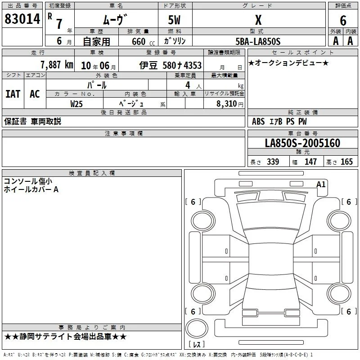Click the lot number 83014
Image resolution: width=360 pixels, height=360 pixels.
pyautogui.click(x=22, y=19)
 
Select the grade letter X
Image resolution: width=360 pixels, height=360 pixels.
pyautogui.click(x=258, y=20)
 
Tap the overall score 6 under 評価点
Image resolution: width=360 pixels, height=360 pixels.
pyautogui.click(x=343, y=20)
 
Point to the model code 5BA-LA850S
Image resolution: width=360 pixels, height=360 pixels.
pyautogui.click(x=258, y=41)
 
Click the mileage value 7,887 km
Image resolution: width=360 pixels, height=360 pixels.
pyautogui.click(x=57, y=65)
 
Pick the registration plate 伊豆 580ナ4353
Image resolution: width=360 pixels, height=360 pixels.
pyautogui.click(x=171, y=65)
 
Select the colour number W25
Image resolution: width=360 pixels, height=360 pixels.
pyautogui.click(x=76, y=104)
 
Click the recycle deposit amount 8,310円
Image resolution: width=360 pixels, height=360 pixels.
pyautogui.click(x=230, y=104)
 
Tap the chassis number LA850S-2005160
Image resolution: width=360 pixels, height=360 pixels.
pyautogui.click(x=302, y=143)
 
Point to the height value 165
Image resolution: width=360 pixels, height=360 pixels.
pyautogui.click(x=346, y=162)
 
